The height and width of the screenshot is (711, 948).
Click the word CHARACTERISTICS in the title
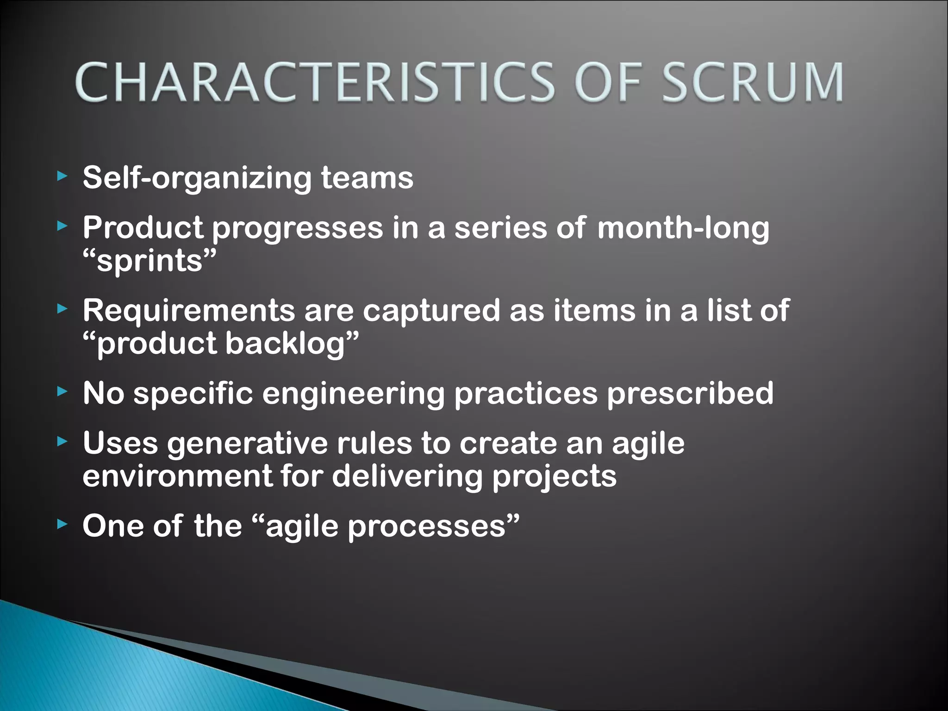tap(315, 82)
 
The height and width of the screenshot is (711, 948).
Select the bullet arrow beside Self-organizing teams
tap(62, 176)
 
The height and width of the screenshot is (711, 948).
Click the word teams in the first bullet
tap(367, 178)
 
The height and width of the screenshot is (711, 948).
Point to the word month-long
tap(683, 228)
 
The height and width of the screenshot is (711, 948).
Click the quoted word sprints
tap(150, 261)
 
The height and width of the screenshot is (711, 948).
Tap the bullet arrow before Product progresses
tap(62, 226)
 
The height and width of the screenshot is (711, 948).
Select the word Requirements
tap(188, 310)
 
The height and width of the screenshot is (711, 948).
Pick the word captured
tap(431, 310)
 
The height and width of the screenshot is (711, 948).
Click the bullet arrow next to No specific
tap(62, 392)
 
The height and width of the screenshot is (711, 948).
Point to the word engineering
tap(353, 394)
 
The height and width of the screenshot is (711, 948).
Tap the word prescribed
tap(690, 393)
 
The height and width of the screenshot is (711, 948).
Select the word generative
tap(247, 443)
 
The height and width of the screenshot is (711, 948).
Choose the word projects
tap(554, 477)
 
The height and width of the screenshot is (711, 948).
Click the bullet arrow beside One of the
tap(62, 524)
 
